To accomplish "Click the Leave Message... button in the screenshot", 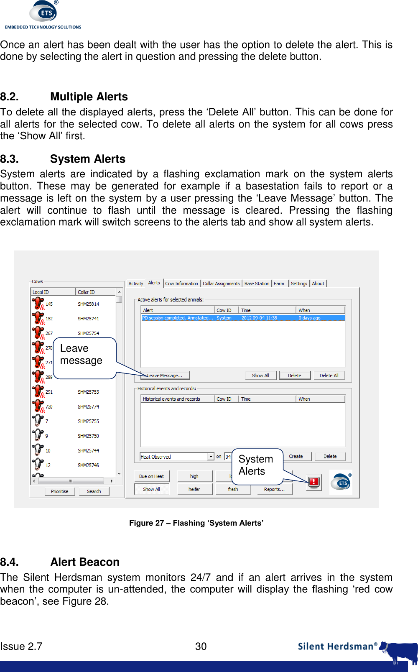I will coord(166,376).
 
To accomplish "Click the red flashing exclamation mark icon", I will coord(314,482).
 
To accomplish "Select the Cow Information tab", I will coord(181,284).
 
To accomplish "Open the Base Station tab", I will coord(257,284).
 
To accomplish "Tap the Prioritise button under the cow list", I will coord(60,491).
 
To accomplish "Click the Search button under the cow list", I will coord(94,491).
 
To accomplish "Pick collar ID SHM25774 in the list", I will coord(88,406).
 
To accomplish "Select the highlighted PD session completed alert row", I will coord(242,318).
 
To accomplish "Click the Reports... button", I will coord(274,489).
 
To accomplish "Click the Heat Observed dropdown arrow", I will coord(211,457).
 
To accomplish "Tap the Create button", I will coord(296,457).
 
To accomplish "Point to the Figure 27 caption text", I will coord(196,523).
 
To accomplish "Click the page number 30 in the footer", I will coord(201,646).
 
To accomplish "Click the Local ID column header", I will coord(41,292).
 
